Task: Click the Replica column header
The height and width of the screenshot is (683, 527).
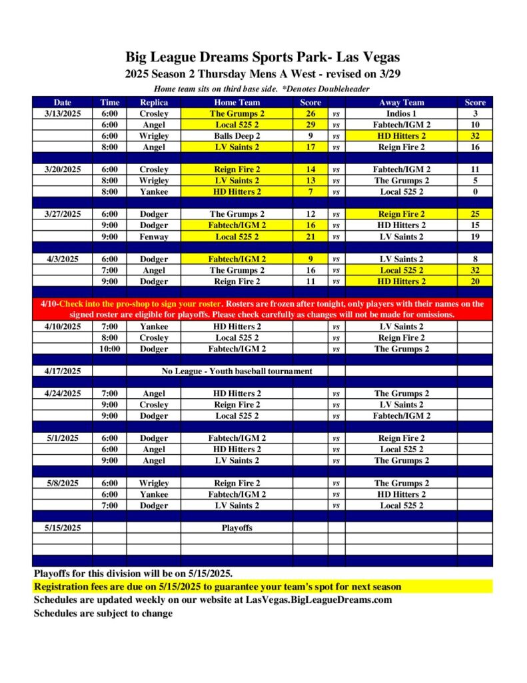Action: tap(153, 103)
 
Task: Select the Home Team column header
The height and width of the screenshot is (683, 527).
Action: tap(237, 103)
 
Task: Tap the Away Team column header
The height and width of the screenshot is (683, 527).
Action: tap(401, 103)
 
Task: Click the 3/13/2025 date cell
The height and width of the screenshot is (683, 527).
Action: tap(63, 114)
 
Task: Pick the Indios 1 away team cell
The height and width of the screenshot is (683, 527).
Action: tap(401, 114)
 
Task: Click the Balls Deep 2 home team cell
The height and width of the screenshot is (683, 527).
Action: tap(237, 136)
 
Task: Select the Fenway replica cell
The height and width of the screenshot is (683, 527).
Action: tap(153, 237)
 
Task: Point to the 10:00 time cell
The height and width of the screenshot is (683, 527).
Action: tap(110, 349)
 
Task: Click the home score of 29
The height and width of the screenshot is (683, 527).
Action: tap(310, 125)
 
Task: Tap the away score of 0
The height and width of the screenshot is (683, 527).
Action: tap(475, 192)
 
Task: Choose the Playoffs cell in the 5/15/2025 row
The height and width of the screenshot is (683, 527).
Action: tap(237, 528)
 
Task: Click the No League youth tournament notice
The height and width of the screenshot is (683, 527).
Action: tap(237, 372)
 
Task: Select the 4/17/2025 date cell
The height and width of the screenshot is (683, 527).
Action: tap(63, 372)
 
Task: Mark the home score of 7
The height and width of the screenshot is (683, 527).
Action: tap(310, 192)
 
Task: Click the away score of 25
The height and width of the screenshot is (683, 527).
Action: tap(475, 214)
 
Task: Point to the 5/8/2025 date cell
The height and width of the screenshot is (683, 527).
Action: tap(63, 483)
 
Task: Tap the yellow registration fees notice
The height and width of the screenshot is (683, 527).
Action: tap(218, 587)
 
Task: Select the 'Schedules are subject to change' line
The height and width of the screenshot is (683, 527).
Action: tap(103, 613)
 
